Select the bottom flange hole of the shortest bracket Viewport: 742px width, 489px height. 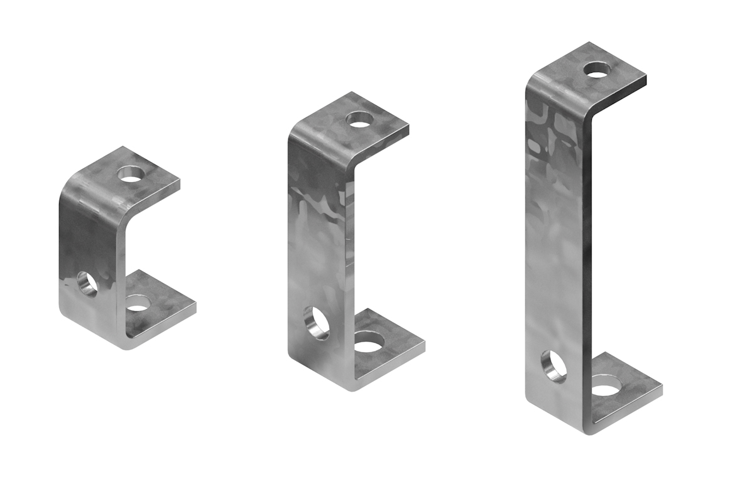coord(139,304)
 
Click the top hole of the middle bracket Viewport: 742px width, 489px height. coord(360,120)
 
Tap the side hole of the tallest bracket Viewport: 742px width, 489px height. coord(554,367)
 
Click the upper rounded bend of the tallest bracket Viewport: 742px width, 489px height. coord(553,88)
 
